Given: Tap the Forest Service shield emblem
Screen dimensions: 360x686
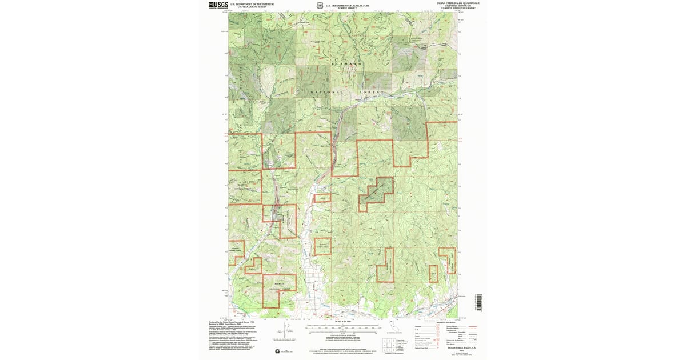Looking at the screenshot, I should pos(320,6).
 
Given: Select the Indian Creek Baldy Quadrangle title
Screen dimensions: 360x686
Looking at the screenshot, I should pos(458,3).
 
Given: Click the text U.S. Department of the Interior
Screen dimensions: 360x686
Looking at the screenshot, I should pos(252,4).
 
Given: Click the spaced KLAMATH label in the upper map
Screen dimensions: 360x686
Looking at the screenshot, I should pos(346,63).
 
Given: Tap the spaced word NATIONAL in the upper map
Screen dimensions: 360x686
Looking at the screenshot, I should pos(326,92).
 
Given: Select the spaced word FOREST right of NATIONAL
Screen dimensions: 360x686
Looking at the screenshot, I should pos(372,92).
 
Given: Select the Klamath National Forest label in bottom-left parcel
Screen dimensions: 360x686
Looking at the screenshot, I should pos(279,286).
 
